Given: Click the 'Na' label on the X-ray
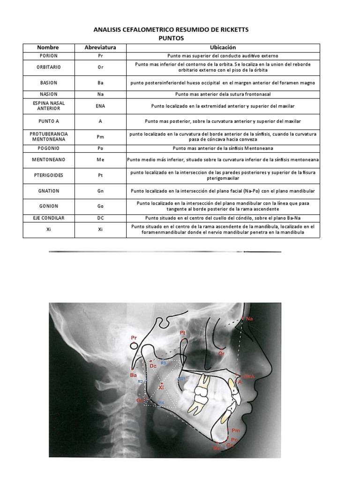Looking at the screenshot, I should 249,319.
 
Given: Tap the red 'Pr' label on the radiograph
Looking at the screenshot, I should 134,337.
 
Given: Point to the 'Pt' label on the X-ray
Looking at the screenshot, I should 183,332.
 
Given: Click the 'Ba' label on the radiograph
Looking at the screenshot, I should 133,375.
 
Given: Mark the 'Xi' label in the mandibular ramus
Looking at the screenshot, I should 161,388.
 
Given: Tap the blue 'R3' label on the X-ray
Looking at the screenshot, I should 164,363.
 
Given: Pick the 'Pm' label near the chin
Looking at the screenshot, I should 235,430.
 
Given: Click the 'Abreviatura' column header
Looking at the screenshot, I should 100,47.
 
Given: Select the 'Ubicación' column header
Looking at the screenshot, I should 223,47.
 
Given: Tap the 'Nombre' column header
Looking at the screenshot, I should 48,47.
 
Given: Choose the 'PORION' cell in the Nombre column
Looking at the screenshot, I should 48,55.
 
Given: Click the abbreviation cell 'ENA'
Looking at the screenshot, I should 100,106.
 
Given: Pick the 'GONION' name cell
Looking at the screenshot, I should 48,206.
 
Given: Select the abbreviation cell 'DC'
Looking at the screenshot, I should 100,218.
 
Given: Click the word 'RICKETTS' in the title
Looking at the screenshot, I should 230,30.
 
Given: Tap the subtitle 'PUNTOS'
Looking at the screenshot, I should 171,38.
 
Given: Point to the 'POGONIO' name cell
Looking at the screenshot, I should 48,148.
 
